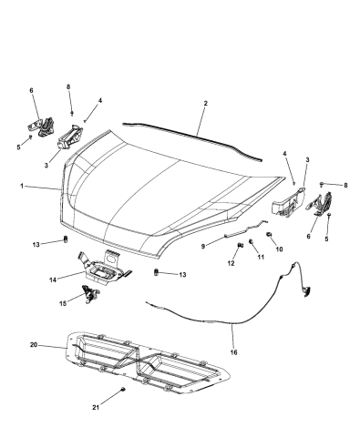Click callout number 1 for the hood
22,186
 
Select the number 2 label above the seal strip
206,103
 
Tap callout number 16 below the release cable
233,352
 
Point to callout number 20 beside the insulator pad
34,345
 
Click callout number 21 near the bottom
96,408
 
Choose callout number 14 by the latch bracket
53,279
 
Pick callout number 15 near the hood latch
63,303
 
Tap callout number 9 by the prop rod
203,246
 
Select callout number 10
279,249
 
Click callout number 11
261,257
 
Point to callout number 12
231,263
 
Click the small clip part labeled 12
240,245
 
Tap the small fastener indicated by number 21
123,389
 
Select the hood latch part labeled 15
90,294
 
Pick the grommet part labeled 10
269,234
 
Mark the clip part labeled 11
251,241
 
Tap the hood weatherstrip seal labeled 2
194,136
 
